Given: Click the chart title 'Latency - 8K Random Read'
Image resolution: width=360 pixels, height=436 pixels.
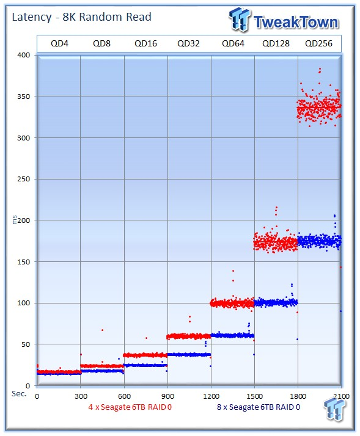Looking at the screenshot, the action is click(81, 17).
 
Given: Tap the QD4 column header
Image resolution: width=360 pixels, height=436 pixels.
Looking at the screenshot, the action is click(59, 43).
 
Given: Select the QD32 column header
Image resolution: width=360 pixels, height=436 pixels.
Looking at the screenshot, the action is click(188, 43).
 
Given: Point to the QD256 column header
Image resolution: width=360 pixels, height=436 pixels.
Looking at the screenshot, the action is click(319, 43).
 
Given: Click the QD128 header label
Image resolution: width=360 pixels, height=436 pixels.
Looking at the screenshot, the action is click(276, 43).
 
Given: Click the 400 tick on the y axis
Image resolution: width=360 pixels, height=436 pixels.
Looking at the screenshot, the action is click(24, 55).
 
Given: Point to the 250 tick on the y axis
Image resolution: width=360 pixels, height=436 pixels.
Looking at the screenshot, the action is click(24, 179).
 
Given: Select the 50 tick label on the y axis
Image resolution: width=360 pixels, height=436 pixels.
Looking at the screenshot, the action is click(26, 344).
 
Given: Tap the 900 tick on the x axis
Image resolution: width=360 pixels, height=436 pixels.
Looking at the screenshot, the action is click(167, 396).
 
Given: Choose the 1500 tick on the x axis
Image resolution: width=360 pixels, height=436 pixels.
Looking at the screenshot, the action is click(254, 396).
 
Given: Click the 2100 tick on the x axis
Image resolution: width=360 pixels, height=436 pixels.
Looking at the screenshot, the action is click(341, 396).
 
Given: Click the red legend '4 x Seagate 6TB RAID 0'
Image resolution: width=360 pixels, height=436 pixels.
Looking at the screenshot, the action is click(130, 407).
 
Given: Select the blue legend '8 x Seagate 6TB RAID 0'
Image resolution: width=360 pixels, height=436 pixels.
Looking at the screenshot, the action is click(259, 407).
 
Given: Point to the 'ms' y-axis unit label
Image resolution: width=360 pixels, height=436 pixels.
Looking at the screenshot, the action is click(14, 220).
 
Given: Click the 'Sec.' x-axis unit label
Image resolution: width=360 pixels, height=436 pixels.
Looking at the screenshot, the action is click(19, 394).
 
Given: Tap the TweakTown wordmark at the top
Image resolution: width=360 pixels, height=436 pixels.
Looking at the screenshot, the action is click(296, 22).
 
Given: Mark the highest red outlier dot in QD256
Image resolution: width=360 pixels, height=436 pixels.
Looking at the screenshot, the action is click(320, 68).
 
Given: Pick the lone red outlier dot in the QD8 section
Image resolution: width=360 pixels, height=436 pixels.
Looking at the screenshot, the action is click(103, 330).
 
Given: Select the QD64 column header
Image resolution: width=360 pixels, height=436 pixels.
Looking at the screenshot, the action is click(233, 43).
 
